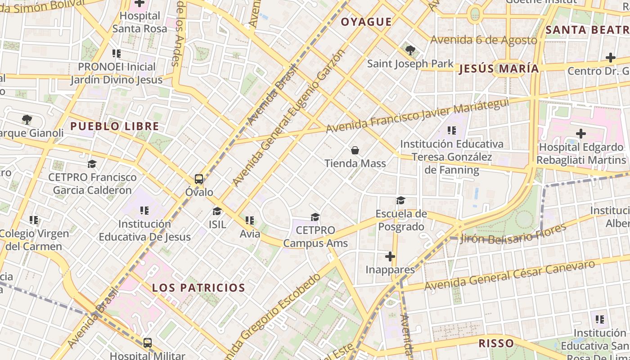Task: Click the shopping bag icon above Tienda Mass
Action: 355,150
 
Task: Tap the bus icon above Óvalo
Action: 199,179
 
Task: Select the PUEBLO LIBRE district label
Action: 115,126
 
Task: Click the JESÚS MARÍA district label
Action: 499,69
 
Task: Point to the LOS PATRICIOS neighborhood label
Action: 198,288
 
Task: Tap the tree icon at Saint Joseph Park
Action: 409,50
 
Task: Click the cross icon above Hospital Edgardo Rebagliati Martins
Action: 581,134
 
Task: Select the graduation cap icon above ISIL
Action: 217,211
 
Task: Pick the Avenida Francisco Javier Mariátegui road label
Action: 417,115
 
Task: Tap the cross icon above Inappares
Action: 390,256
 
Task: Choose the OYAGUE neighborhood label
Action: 366,22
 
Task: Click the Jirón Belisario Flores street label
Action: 513,234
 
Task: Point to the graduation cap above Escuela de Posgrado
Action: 400,200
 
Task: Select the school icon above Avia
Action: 250,220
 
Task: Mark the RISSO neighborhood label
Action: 496,343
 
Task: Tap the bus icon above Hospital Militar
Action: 147,343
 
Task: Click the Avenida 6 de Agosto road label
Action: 484,40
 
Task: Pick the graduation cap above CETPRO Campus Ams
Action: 315,217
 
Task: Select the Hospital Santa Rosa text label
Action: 139,22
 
